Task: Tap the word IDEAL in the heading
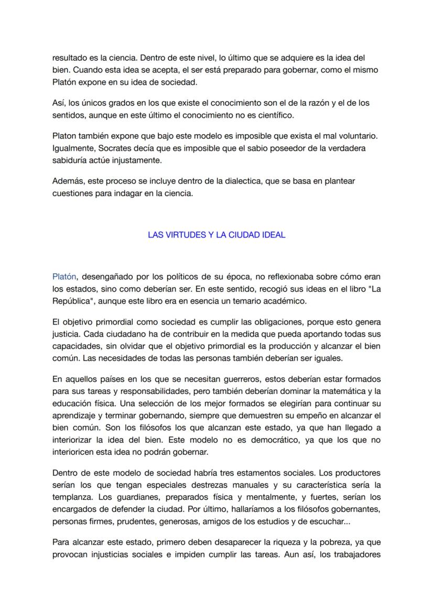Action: coord(274,235)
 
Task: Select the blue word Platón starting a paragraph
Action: coord(64,276)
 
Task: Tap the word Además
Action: coord(68,181)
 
